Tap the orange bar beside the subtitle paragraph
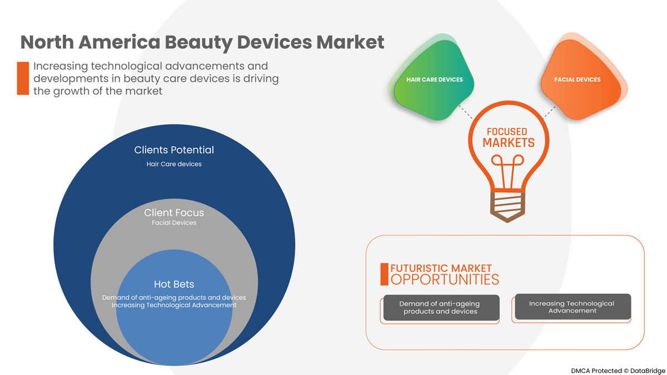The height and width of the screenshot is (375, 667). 23,78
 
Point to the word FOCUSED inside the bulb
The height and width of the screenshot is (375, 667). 506,132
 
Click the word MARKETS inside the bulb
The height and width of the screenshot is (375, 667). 508,143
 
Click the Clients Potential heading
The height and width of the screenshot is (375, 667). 174,150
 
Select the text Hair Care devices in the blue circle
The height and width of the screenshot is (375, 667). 174,164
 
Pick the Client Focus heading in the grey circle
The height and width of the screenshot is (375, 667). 174,213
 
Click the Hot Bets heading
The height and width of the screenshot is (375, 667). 174,284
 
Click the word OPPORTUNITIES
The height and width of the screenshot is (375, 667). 445,279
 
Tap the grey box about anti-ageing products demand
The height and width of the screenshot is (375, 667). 440,308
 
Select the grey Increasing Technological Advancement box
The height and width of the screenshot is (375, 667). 572,307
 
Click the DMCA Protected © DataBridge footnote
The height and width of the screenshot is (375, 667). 616,369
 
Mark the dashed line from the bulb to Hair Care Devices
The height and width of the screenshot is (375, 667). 465,111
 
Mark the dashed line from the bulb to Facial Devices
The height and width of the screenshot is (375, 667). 549,111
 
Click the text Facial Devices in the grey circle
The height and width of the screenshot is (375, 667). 174,223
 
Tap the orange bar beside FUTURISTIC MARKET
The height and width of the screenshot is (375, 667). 384,274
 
